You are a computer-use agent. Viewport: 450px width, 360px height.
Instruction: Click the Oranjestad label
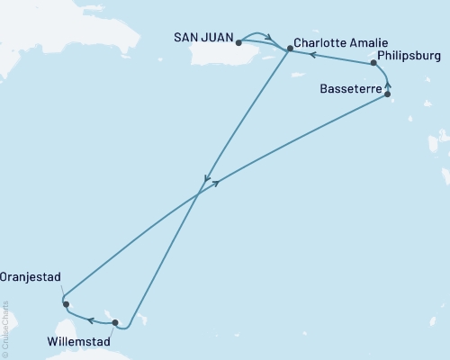[30, 278]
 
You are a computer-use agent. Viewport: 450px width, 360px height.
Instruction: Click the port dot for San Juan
[238, 41]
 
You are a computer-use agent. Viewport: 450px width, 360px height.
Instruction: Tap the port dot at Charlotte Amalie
[290, 48]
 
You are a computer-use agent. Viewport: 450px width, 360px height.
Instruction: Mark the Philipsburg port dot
[373, 64]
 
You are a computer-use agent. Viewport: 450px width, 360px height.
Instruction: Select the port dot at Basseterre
[387, 93]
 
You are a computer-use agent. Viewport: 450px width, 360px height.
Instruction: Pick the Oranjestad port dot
[66, 304]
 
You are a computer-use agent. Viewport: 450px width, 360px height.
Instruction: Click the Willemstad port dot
[115, 320]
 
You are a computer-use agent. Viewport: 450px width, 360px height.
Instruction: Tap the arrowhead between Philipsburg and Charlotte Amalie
[313, 55]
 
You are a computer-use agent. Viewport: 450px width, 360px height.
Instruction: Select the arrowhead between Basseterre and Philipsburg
[389, 81]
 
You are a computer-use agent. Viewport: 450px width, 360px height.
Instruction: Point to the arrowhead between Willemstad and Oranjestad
[90, 318]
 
